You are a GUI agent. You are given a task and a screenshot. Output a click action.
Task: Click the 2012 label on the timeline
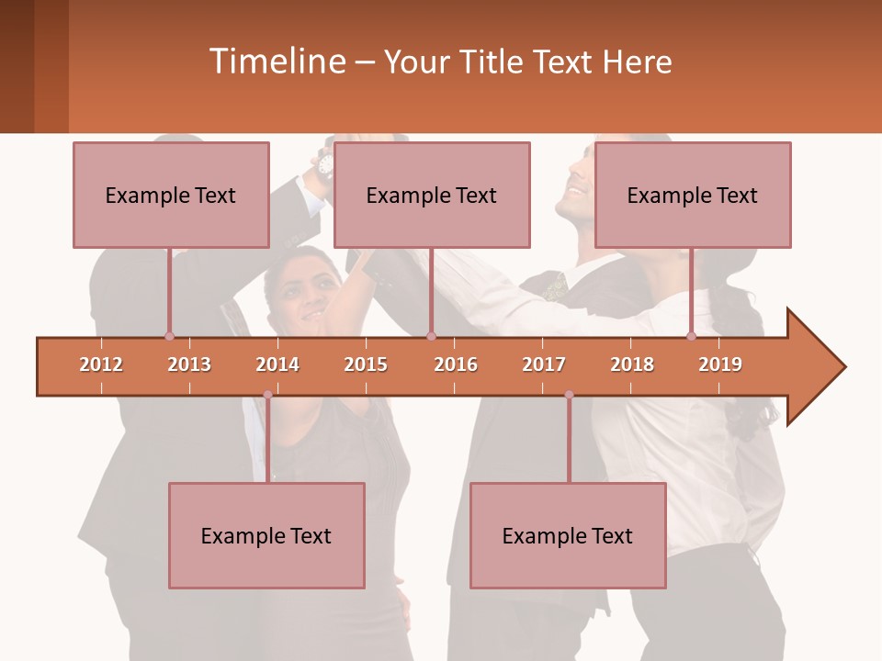[101, 364]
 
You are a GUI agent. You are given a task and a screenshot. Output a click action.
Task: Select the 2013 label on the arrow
[189, 364]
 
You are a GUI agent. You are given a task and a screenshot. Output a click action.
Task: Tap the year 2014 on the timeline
[277, 364]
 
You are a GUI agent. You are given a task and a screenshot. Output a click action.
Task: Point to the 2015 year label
[366, 364]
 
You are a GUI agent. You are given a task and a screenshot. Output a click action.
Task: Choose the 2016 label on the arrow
[456, 364]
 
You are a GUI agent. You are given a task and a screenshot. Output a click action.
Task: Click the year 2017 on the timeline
[544, 364]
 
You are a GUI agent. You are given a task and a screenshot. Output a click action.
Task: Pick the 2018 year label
[632, 364]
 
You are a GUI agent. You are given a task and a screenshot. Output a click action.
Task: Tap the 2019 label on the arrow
[720, 364]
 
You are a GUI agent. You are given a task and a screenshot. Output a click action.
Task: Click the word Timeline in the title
[275, 62]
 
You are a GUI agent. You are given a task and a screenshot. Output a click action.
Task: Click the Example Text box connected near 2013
[171, 195]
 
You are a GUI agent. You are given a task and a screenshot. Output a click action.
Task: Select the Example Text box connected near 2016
[432, 195]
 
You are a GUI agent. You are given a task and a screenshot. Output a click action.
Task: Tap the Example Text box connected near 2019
[693, 195]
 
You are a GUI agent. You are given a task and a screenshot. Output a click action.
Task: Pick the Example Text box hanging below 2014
[266, 535]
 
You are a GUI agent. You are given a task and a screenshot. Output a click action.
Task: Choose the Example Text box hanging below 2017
[568, 535]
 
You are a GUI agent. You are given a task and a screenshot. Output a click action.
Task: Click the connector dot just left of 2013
[169, 336]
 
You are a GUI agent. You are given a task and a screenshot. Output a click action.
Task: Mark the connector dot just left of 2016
[431, 336]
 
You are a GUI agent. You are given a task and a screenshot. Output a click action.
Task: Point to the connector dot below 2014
[267, 395]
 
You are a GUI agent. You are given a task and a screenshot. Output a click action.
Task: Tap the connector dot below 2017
[569, 395]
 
